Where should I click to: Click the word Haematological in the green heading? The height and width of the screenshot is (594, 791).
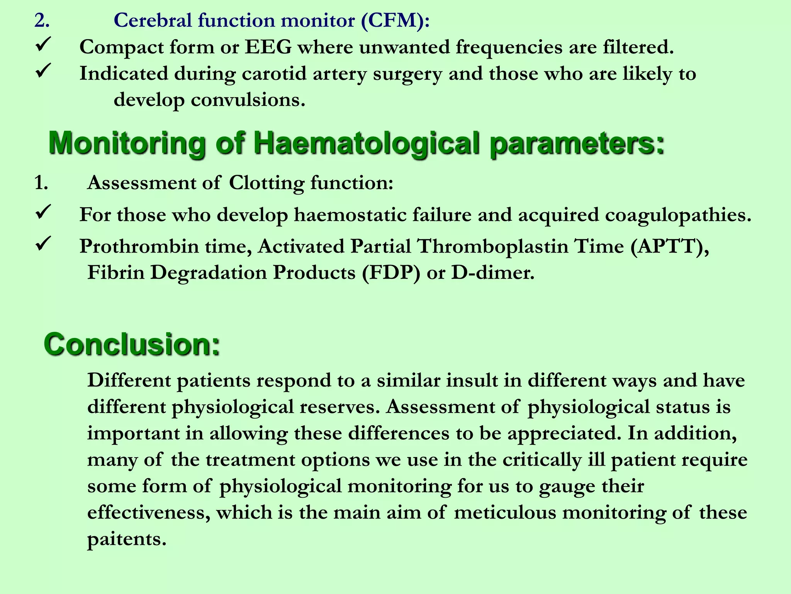click(x=367, y=143)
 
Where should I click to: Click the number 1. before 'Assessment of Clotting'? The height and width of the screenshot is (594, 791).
click(x=41, y=183)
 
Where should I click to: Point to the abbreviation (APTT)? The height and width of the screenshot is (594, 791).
click(x=669, y=246)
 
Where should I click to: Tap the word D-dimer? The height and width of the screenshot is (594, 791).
click(x=493, y=273)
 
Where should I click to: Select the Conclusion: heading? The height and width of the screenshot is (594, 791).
click(x=132, y=344)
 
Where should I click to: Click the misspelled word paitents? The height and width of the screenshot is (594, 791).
click(x=127, y=539)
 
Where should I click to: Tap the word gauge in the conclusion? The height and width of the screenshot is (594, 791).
click(x=567, y=486)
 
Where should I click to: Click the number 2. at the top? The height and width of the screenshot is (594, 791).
click(x=42, y=20)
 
